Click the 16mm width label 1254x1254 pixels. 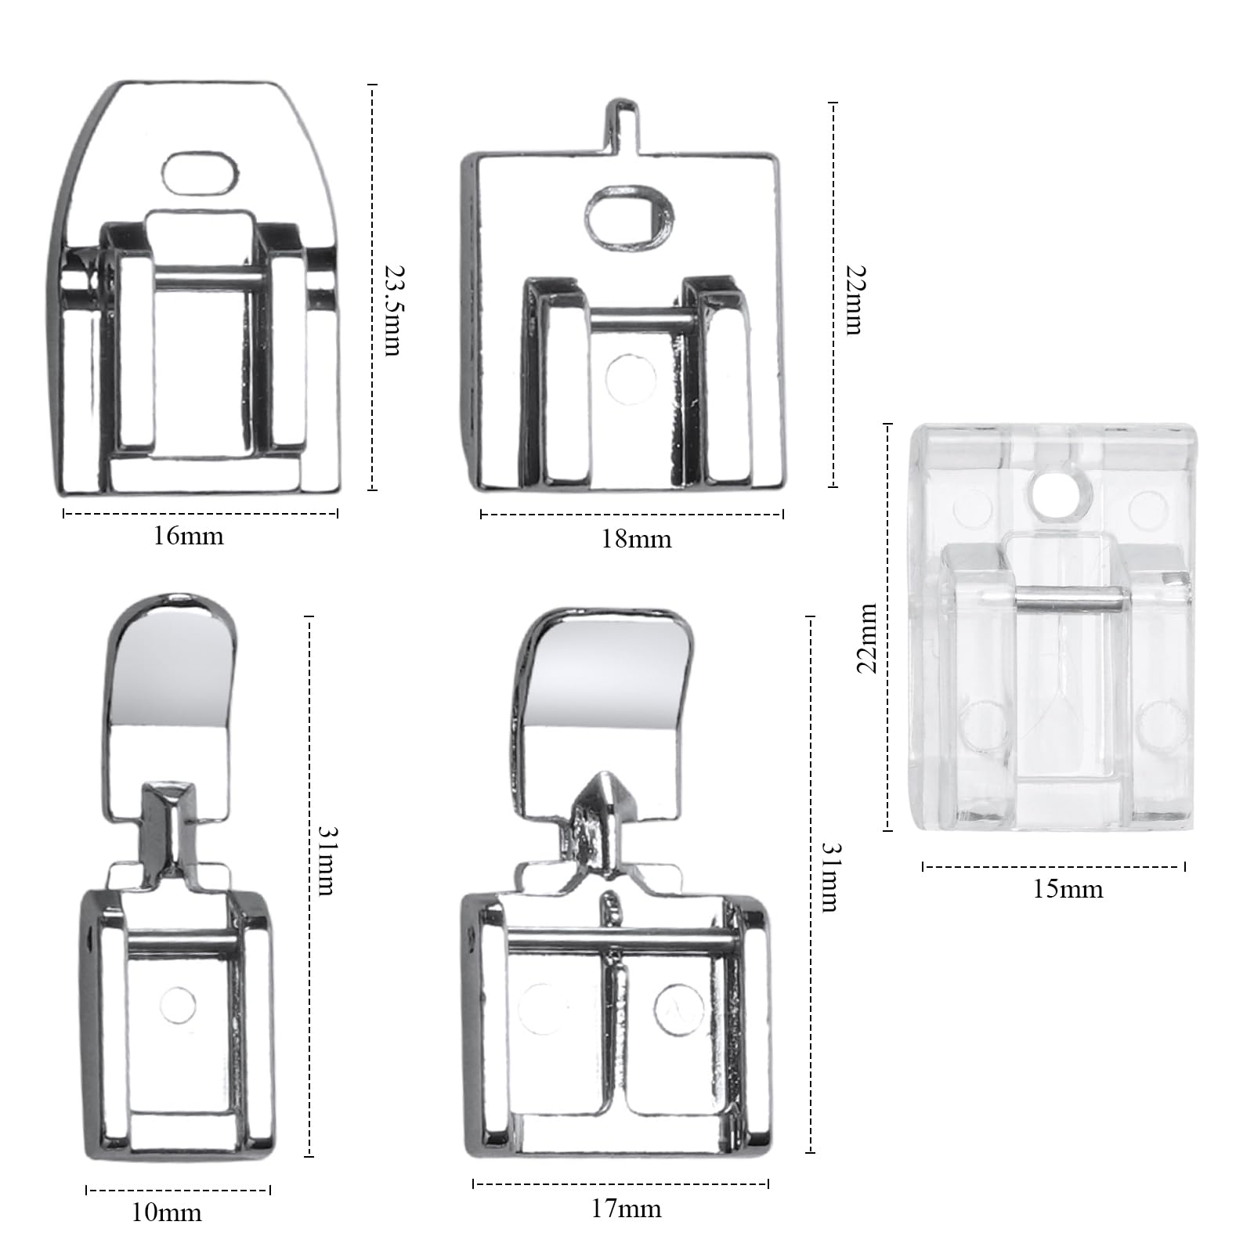point(189,537)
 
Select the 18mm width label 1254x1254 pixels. point(637,540)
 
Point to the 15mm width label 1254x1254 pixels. point(1068,889)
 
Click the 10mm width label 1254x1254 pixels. point(167,1213)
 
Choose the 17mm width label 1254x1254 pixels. point(626,1209)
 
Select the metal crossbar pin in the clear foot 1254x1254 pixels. point(1072,601)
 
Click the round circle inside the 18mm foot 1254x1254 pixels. point(631,378)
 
